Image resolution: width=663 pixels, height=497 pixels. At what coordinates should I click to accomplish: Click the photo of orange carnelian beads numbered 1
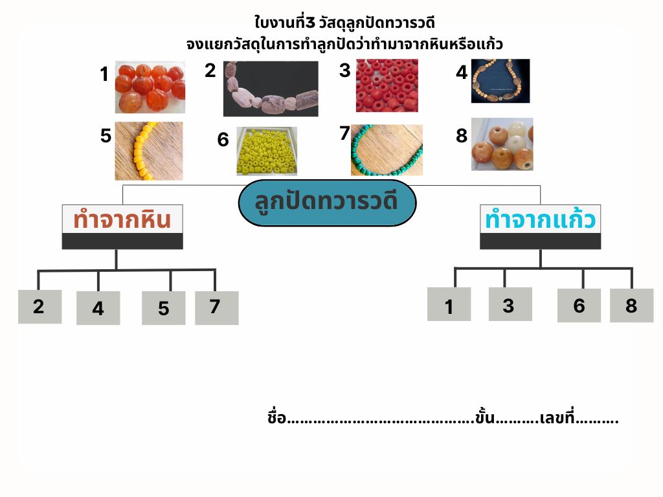point(150,87)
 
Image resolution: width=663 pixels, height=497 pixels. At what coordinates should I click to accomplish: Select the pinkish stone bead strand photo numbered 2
point(271,88)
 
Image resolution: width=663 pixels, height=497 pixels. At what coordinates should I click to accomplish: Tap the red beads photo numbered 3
point(387,85)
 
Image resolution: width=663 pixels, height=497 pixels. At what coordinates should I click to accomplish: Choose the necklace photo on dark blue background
point(500,81)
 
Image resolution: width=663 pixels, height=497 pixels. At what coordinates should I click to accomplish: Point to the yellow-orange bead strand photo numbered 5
point(149,151)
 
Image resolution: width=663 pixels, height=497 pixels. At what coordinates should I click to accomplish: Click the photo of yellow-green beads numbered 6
point(267,151)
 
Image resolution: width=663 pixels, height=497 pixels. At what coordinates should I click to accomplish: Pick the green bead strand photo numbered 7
point(387,149)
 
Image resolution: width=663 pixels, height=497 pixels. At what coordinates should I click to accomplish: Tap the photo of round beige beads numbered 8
point(502,144)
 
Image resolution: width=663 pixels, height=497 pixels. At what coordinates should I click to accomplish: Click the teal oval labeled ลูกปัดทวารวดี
point(327,203)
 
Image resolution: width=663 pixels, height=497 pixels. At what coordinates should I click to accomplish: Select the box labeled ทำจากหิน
point(122,227)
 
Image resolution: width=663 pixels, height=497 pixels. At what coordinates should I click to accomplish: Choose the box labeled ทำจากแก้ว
point(541,227)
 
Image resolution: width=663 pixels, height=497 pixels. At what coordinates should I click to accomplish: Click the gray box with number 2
point(39,307)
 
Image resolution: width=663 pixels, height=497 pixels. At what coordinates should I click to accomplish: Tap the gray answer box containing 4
point(98,308)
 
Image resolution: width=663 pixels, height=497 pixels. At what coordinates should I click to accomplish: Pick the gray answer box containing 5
point(164,308)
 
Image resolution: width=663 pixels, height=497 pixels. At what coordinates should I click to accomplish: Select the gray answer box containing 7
point(217,308)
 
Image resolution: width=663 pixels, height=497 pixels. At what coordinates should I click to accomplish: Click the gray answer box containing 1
point(449,304)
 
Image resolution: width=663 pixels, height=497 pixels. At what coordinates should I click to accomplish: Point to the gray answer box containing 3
point(510,304)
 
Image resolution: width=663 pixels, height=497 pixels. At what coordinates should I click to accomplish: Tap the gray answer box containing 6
point(579,305)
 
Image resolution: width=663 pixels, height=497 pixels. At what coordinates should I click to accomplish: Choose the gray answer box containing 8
point(632,305)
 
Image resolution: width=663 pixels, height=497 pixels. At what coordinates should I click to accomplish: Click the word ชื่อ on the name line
point(277,417)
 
